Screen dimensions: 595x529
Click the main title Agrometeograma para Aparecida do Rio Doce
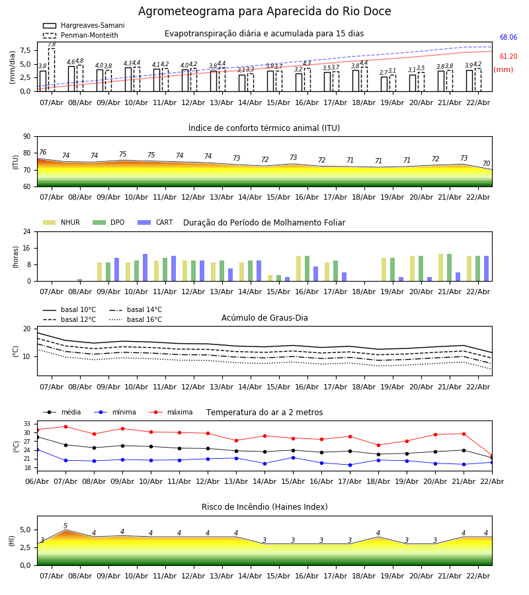(264, 12)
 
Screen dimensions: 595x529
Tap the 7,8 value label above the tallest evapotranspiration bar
(52, 44)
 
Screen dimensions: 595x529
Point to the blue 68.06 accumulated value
(509, 38)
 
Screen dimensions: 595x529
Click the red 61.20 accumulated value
(509, 57)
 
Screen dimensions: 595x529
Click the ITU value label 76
(42, 153)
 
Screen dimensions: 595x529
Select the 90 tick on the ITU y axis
(26, 137)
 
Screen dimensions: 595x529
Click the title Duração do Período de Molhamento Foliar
(264, 223)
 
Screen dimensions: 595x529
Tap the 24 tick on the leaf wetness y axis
(26, 232)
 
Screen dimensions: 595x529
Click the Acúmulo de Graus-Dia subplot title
(264, 318)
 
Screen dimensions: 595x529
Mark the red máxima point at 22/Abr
(491, 456)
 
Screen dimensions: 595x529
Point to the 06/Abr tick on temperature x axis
(37, 481)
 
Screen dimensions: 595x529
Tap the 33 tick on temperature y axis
(27, 424)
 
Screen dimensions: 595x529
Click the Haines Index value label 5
(65, 526)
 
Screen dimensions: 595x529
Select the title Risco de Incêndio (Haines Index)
(264, 507)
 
